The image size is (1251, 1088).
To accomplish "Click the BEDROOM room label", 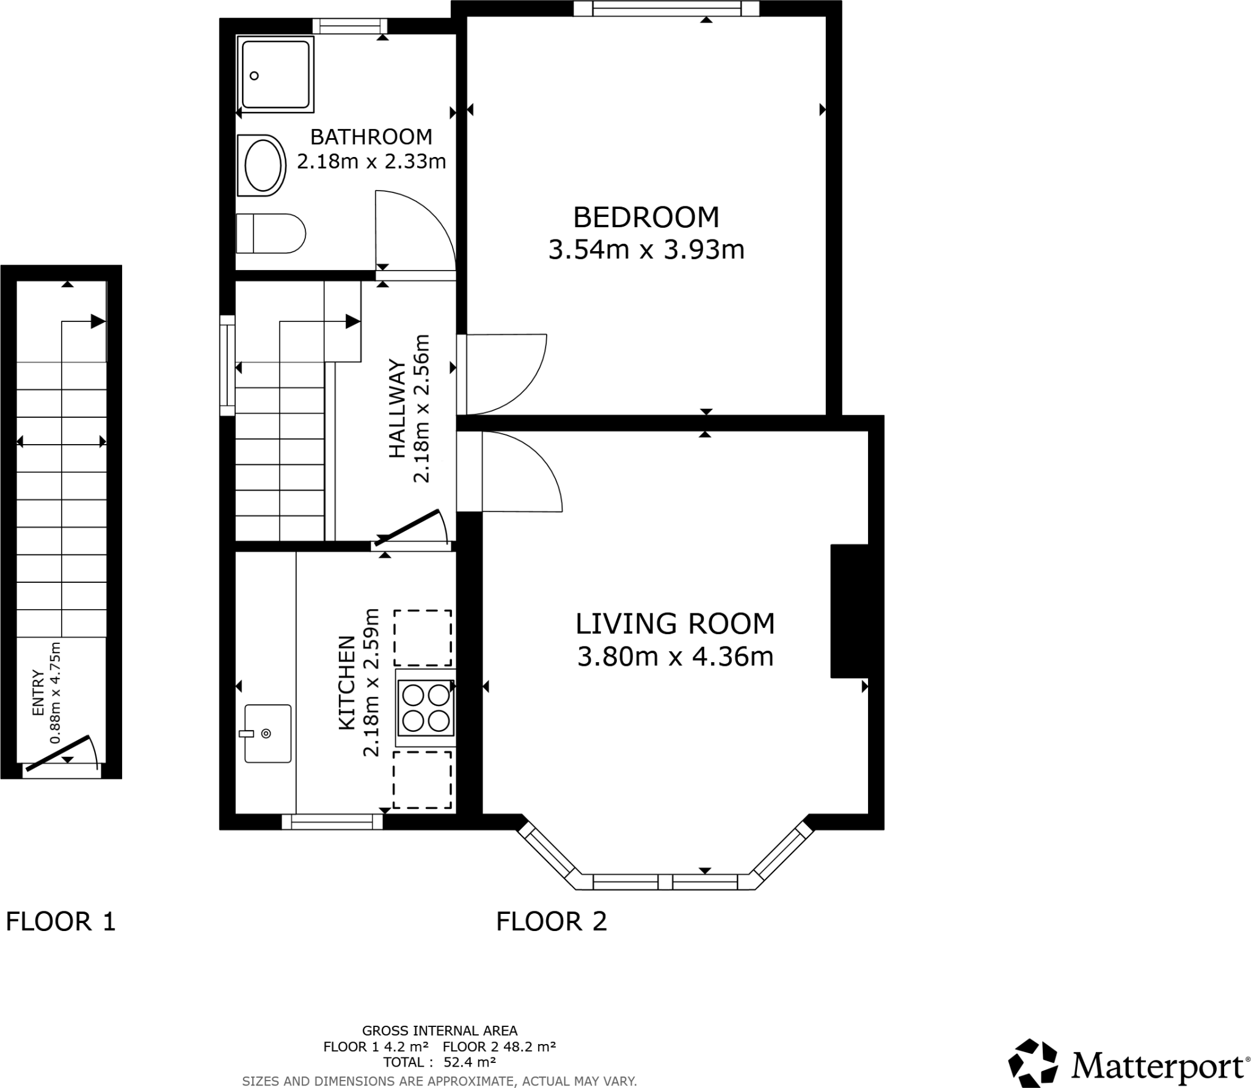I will (646, 217).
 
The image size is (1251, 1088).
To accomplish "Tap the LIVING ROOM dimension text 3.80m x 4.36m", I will (675, 657).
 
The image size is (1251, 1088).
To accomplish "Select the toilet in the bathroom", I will (271, 233).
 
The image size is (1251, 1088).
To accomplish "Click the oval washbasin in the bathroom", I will (264, 166).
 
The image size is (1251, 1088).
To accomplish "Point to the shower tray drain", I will (254, 76).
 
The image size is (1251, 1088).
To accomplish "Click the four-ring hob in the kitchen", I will (426, 708).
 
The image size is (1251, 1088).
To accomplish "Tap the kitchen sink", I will (268, 733).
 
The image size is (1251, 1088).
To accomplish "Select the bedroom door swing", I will (507, 373).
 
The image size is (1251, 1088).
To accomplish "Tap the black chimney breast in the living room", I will (849, 611).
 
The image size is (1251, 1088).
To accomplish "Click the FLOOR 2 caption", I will (551, 921).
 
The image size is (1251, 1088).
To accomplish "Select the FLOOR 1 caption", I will (60, 921).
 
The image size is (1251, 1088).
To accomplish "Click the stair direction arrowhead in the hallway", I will (352, 321).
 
